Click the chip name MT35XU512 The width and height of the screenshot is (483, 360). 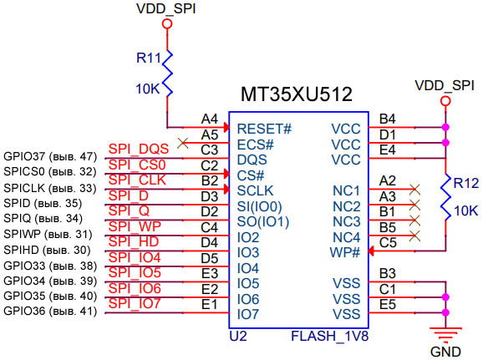click(x=297, y=94)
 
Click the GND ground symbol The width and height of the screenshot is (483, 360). click(x=445, y=334)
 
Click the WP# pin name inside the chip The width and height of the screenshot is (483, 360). click(x=344, y=251)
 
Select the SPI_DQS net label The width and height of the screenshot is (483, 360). click(x=138, y=149)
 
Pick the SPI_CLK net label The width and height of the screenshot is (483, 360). click(x=137, y=180)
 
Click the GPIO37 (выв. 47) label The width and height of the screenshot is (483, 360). click(x=50, y=156)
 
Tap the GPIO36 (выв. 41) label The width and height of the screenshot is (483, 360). click(x=50, y=312)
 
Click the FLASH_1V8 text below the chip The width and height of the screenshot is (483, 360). click(x=329, y=337)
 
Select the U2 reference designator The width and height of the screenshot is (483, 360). click(x=238, y=337)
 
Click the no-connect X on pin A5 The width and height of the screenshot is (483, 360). click(x=183, y=143)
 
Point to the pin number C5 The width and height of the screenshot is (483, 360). click(x=388, y=242)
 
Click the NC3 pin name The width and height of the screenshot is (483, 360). click(x=345, y=221)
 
